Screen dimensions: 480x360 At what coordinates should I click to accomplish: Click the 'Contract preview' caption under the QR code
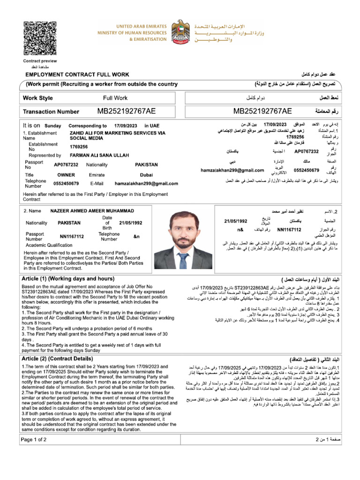coord(37,62)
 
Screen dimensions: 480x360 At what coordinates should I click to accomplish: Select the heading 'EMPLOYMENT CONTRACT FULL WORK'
coord(78,75)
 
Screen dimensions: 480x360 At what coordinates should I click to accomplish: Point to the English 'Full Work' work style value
coord(115,98)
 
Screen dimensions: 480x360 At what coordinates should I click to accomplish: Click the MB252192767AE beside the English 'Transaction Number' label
coord(126,111)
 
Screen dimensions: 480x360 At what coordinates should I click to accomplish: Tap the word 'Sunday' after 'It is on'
coord(52,126)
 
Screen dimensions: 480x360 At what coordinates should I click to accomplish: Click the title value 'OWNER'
coord(62,174)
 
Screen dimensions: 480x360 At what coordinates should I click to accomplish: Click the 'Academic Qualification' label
coord(49,245)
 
